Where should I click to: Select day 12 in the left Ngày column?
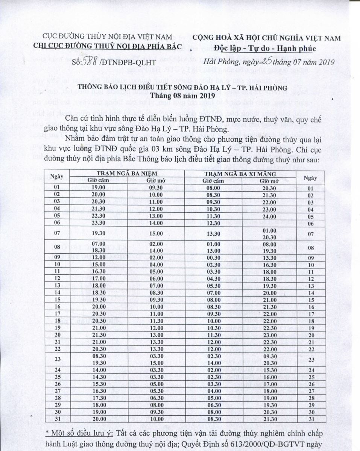58,278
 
